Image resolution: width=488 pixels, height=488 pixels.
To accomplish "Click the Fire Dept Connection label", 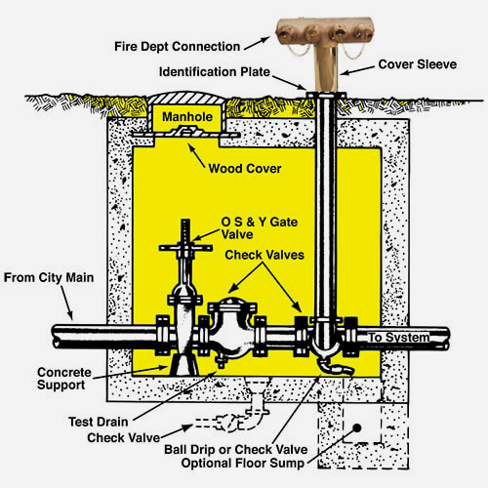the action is point(177,47).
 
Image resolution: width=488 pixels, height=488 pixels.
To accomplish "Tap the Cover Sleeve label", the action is point(418,64).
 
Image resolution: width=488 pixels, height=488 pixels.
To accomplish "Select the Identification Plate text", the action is point(215,71).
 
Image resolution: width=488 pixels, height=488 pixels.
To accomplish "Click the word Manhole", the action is point(187,117).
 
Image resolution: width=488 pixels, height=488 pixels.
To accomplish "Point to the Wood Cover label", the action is point(245,169).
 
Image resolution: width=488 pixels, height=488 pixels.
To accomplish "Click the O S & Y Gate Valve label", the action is point(260,228).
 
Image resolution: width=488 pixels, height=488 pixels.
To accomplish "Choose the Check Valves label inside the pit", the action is point(264,255).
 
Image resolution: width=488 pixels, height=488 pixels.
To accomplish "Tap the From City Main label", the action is point(49,278).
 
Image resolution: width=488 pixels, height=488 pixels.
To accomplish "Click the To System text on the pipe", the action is point(399,338).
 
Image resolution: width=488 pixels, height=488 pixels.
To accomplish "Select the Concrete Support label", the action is point(64,379).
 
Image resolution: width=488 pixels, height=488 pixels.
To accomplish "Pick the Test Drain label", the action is point(99,422).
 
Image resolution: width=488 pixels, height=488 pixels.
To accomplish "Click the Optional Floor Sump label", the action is point(243,463).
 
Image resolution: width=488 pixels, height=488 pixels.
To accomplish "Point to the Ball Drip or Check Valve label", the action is point(236,450).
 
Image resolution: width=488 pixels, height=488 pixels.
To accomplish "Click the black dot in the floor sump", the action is point(357,428).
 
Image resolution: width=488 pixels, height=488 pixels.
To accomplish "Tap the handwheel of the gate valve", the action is point(185,248).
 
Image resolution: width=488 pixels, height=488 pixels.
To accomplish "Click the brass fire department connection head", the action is point(325,31).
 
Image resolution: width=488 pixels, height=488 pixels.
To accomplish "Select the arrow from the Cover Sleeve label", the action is point(358,70).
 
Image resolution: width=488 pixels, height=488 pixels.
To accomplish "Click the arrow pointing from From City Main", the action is point(66,303).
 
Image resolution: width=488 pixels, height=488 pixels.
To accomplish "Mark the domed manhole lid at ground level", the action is point(185,98).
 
